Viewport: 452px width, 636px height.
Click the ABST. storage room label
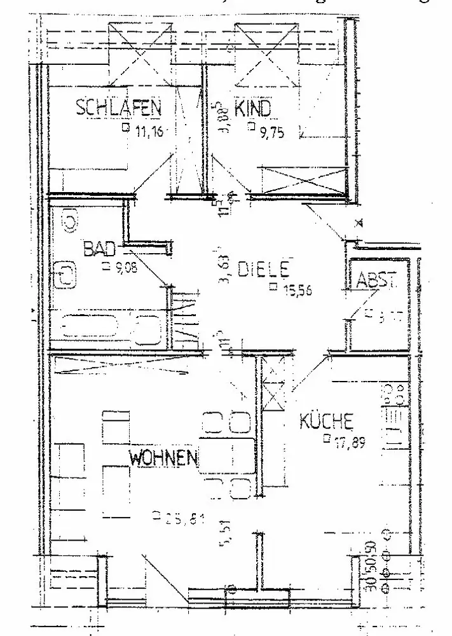coord(377,280)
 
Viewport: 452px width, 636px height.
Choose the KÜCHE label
coord(326,421)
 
